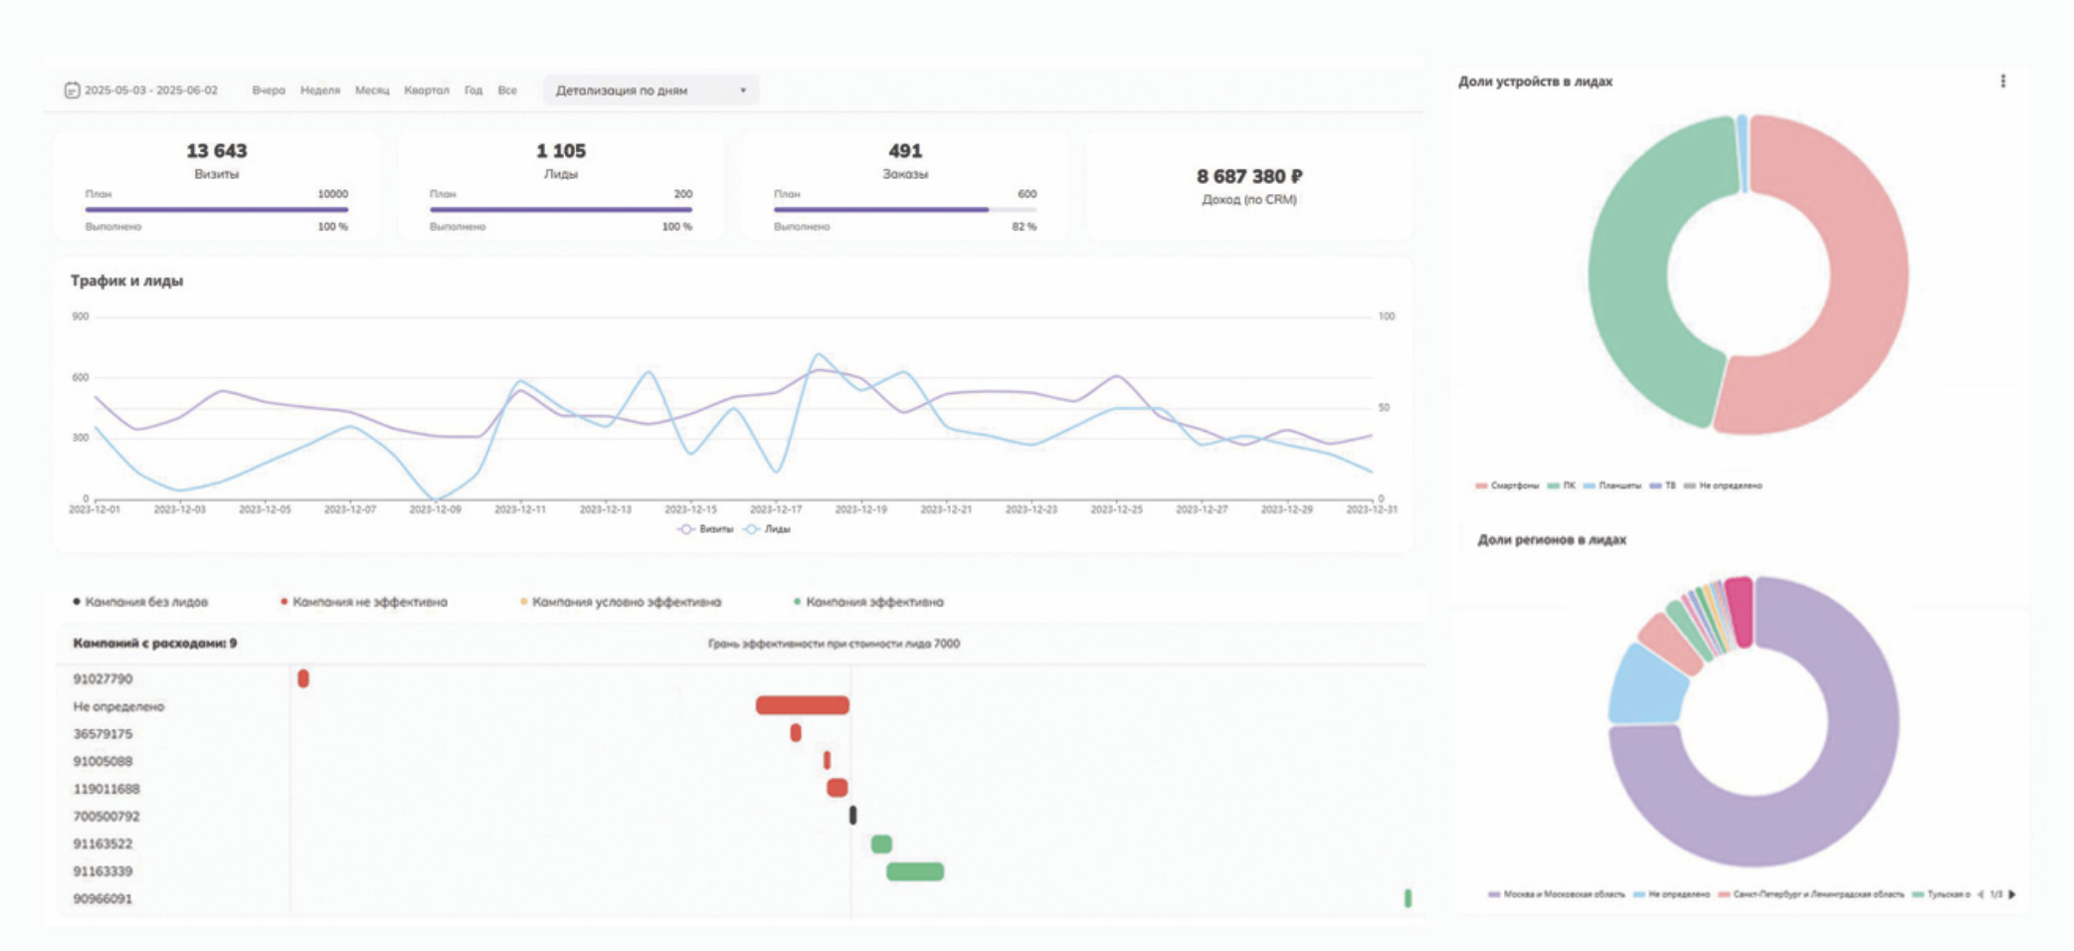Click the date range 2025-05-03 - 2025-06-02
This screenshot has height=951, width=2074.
coord(150,91)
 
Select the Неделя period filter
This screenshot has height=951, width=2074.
coord(319,91)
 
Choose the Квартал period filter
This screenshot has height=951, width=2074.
coord(426,91)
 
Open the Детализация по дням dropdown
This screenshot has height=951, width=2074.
coord(651,91)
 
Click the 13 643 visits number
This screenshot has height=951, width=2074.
coord(216,151)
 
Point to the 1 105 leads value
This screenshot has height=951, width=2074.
coord(561,151)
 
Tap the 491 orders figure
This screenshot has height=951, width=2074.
coord(905,151)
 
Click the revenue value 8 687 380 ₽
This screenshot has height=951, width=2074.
coord(1248,176)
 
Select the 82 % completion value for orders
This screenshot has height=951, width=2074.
coord(1024,227)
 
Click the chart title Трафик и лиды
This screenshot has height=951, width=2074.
coord(126,281)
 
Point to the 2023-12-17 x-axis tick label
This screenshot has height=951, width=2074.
coord(775,509)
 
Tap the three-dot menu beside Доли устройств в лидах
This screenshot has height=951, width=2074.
coord(2002,82)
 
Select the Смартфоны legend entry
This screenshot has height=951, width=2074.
coord(1508,485)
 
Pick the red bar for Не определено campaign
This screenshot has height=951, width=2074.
coord(802,705)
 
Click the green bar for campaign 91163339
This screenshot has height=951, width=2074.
coord(915,871)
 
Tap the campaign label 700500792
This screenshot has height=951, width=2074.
coord(106,817)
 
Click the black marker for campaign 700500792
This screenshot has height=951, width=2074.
coord(852,816)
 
